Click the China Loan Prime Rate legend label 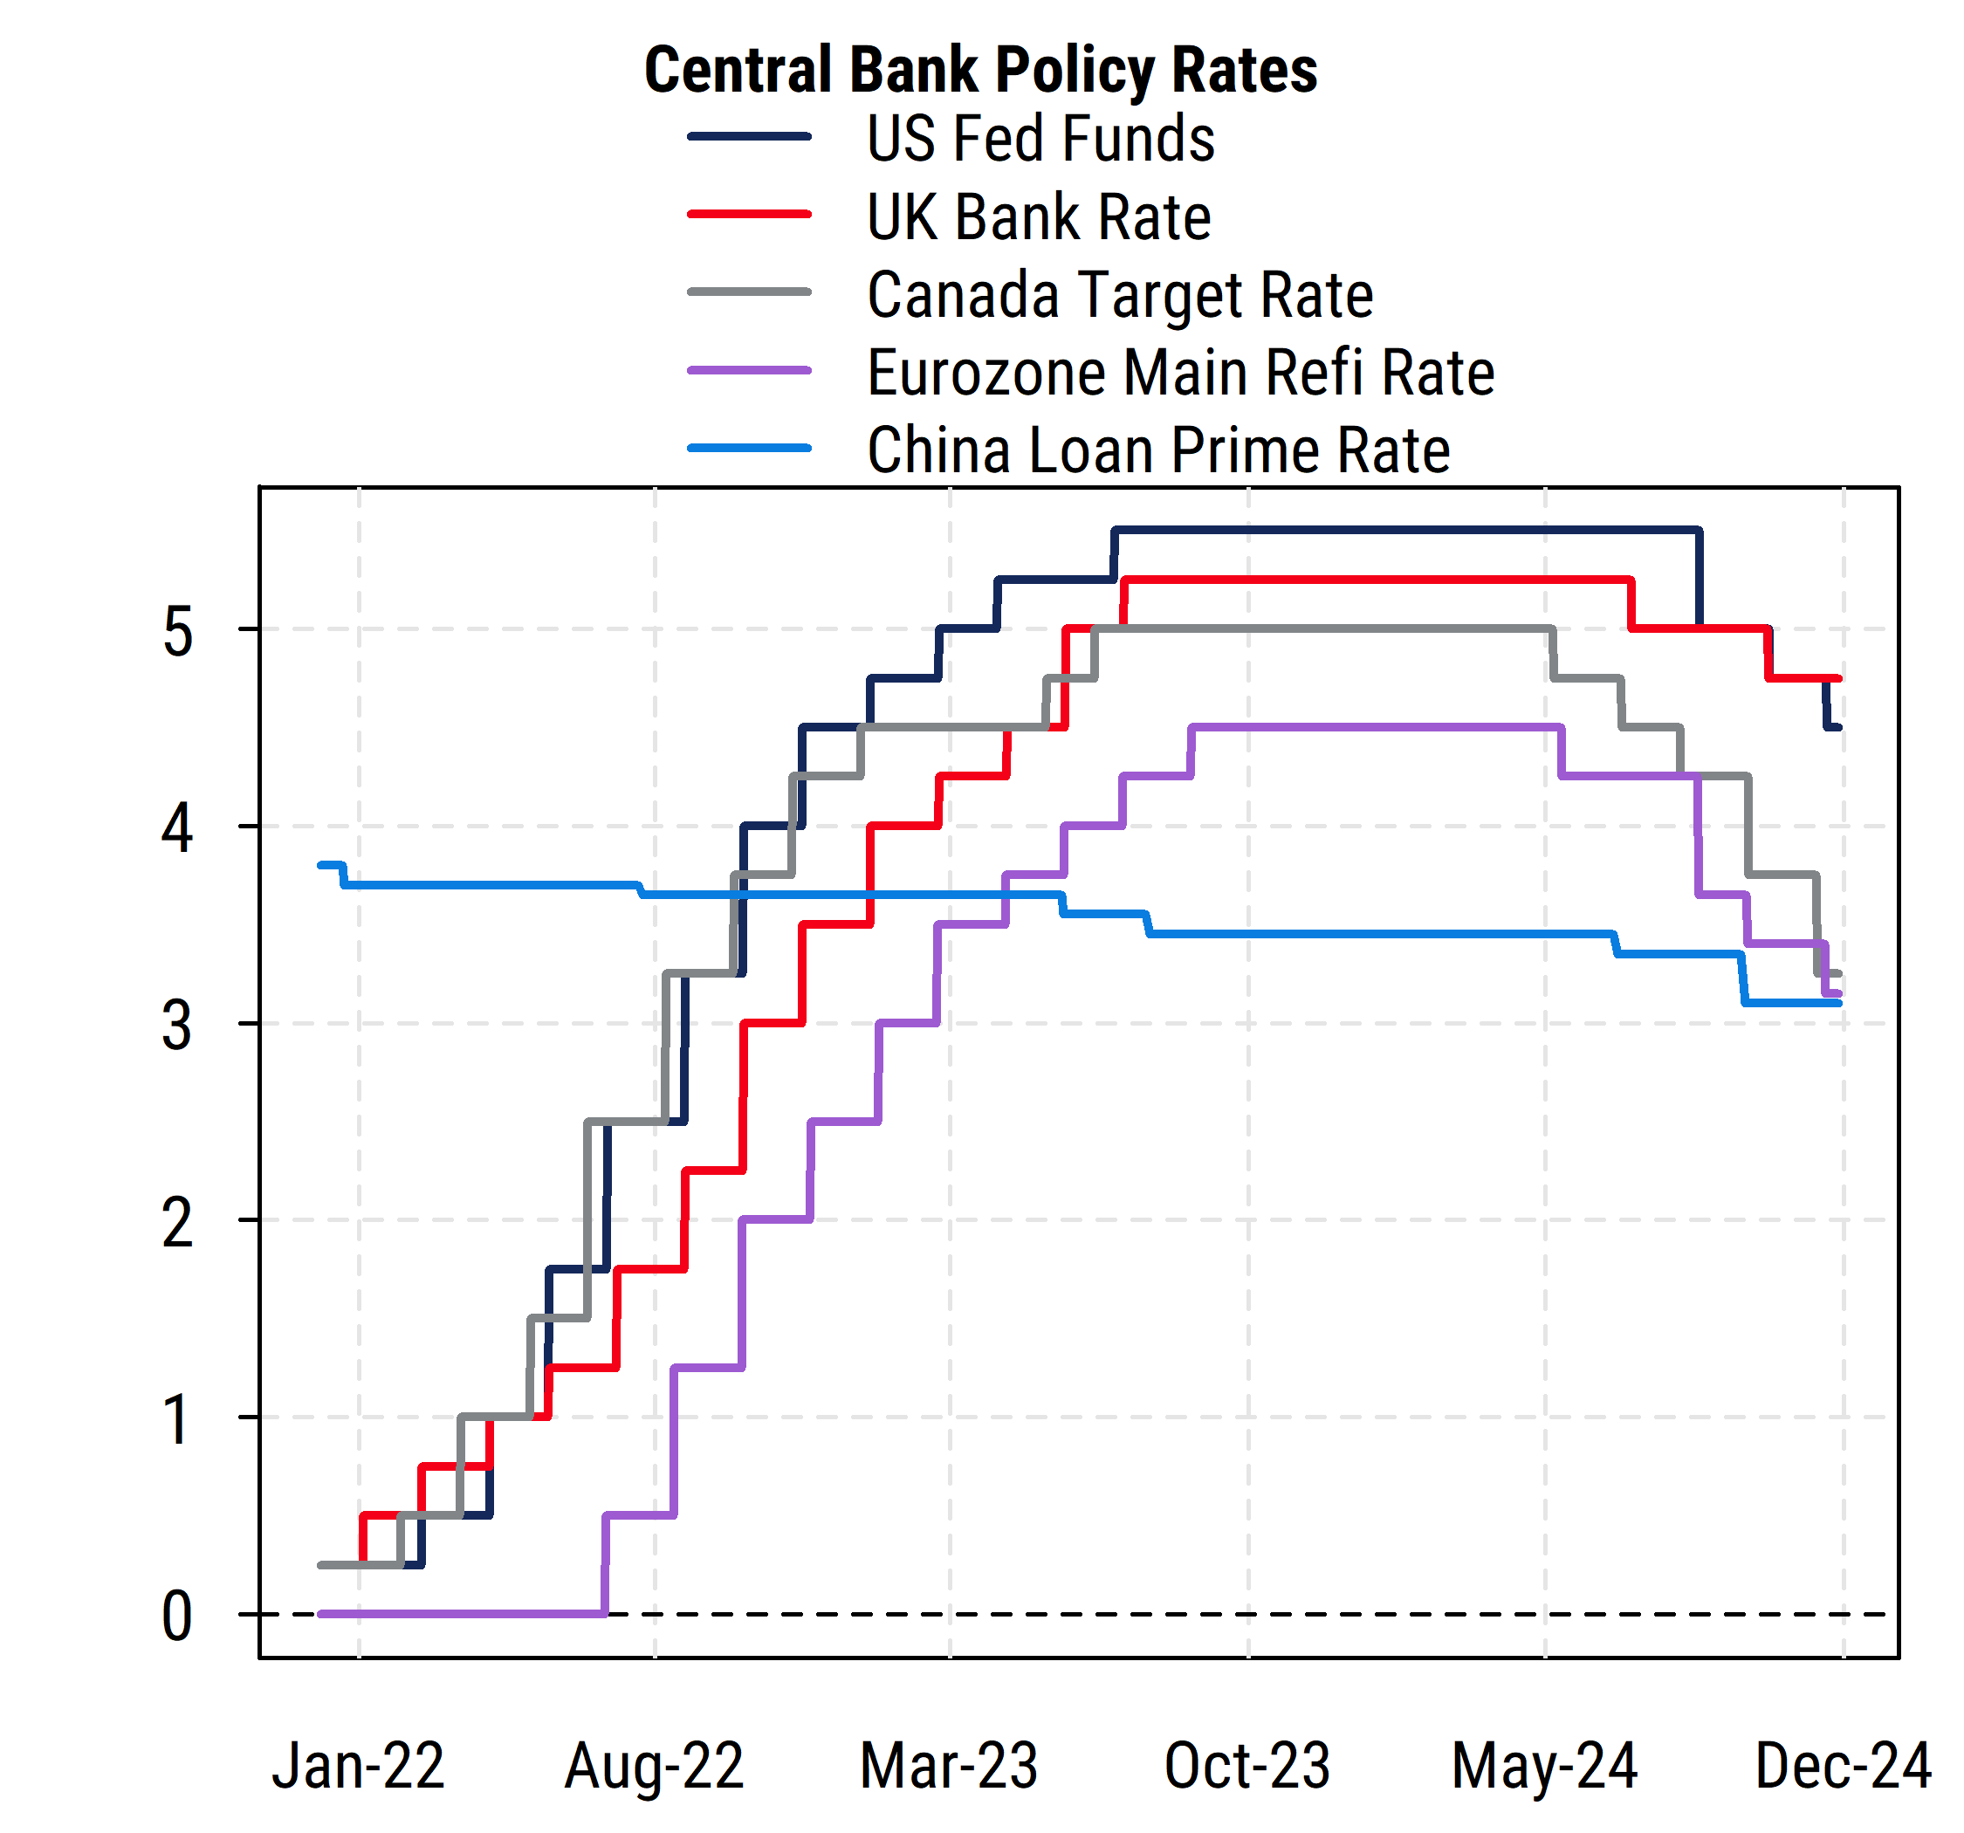(x=1157, y=450)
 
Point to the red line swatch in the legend (x=749, y=215)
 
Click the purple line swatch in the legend (x=749, y=371)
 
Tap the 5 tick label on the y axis (x=178, y=633)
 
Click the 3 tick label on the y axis (x=178, y=1026)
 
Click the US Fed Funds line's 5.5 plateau (x=1403, y=531)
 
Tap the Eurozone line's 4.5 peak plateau (x=1373, y=727)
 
